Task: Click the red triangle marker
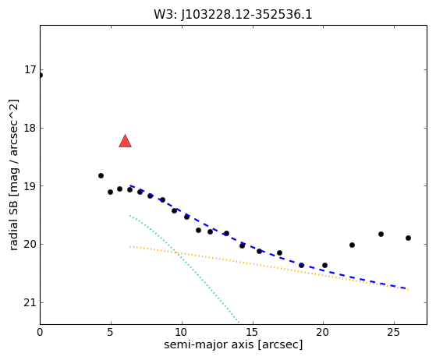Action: [x=125, y=141]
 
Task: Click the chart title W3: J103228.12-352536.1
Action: [x=233, y=15]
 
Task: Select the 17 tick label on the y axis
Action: [x=30, y=69]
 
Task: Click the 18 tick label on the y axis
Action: [x=30, y=128]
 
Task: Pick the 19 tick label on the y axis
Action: [x=30, y=185]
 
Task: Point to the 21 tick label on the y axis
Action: [x=30, y=302]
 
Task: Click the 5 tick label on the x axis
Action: [x=111, y=332]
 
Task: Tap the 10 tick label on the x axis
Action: [x=181, y=332]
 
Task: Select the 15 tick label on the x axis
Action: [x=252, y=332]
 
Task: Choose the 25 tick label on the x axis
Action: [x=394, y=332]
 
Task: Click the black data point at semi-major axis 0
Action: [x=41, y=76]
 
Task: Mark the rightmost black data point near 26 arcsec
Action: [x=408, y=238]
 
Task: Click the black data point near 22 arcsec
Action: [x=352, y=245]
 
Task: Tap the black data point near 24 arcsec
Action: [x=381, y=235]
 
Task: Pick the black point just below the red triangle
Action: [x=129, y=189]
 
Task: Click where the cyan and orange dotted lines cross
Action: [x=175, y=252]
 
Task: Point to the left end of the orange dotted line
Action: [x=129, y=246]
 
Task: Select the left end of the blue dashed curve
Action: [x=129, y=185]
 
